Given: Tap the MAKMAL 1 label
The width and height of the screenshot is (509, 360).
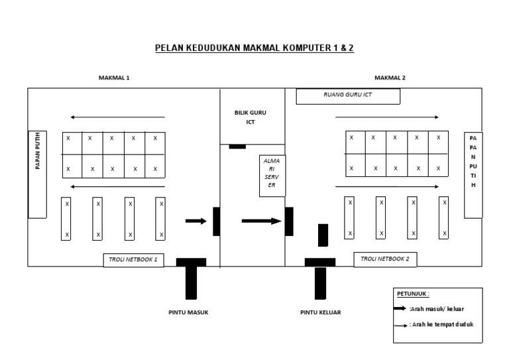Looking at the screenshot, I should click(x=114, y=78).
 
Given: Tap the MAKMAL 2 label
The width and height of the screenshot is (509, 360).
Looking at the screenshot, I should click(x=389, y=78).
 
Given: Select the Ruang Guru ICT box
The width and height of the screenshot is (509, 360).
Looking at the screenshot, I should click(x=348, y=96).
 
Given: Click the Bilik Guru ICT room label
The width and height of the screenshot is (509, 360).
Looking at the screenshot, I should click(x=245, y=117).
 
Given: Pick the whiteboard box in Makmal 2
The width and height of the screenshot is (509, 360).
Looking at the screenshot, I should click(x=473, y=175).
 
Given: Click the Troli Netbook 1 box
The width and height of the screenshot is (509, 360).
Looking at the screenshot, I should click(x=133, y=260).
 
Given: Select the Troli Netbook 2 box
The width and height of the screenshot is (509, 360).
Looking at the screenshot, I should click(x=385, y=259).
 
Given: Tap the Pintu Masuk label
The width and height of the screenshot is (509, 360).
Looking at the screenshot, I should click(x=188, y=312).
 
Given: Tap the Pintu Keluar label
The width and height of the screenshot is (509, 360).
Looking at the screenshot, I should click(x=321, y=312).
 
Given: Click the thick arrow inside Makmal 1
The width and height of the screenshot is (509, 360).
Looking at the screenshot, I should click(x=196, y=221).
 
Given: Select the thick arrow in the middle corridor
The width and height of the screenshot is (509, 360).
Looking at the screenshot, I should click(x=261, y=221).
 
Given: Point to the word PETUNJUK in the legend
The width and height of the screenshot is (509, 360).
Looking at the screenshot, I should click(x=413, y=294).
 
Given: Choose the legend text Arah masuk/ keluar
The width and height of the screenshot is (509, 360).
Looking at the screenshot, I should click(x=436, y=308).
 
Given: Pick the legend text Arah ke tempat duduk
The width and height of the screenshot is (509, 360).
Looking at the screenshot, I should click(x=441, y=324).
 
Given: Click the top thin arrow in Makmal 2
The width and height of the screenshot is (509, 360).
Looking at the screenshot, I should click(x=387, y=117).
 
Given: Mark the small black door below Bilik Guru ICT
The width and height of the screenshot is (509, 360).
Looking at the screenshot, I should click(x=237, y=146).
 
